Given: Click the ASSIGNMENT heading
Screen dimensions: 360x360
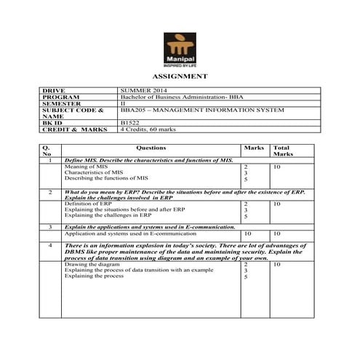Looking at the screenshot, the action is [180, 76].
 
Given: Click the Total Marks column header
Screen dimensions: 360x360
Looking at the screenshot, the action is [281, 151].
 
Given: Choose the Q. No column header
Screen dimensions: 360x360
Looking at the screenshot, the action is [48, 151].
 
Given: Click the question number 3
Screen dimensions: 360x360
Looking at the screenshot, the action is [49, 228].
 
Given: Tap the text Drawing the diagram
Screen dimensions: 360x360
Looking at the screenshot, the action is [89, 264].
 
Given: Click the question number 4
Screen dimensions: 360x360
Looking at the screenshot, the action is [49, 247].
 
